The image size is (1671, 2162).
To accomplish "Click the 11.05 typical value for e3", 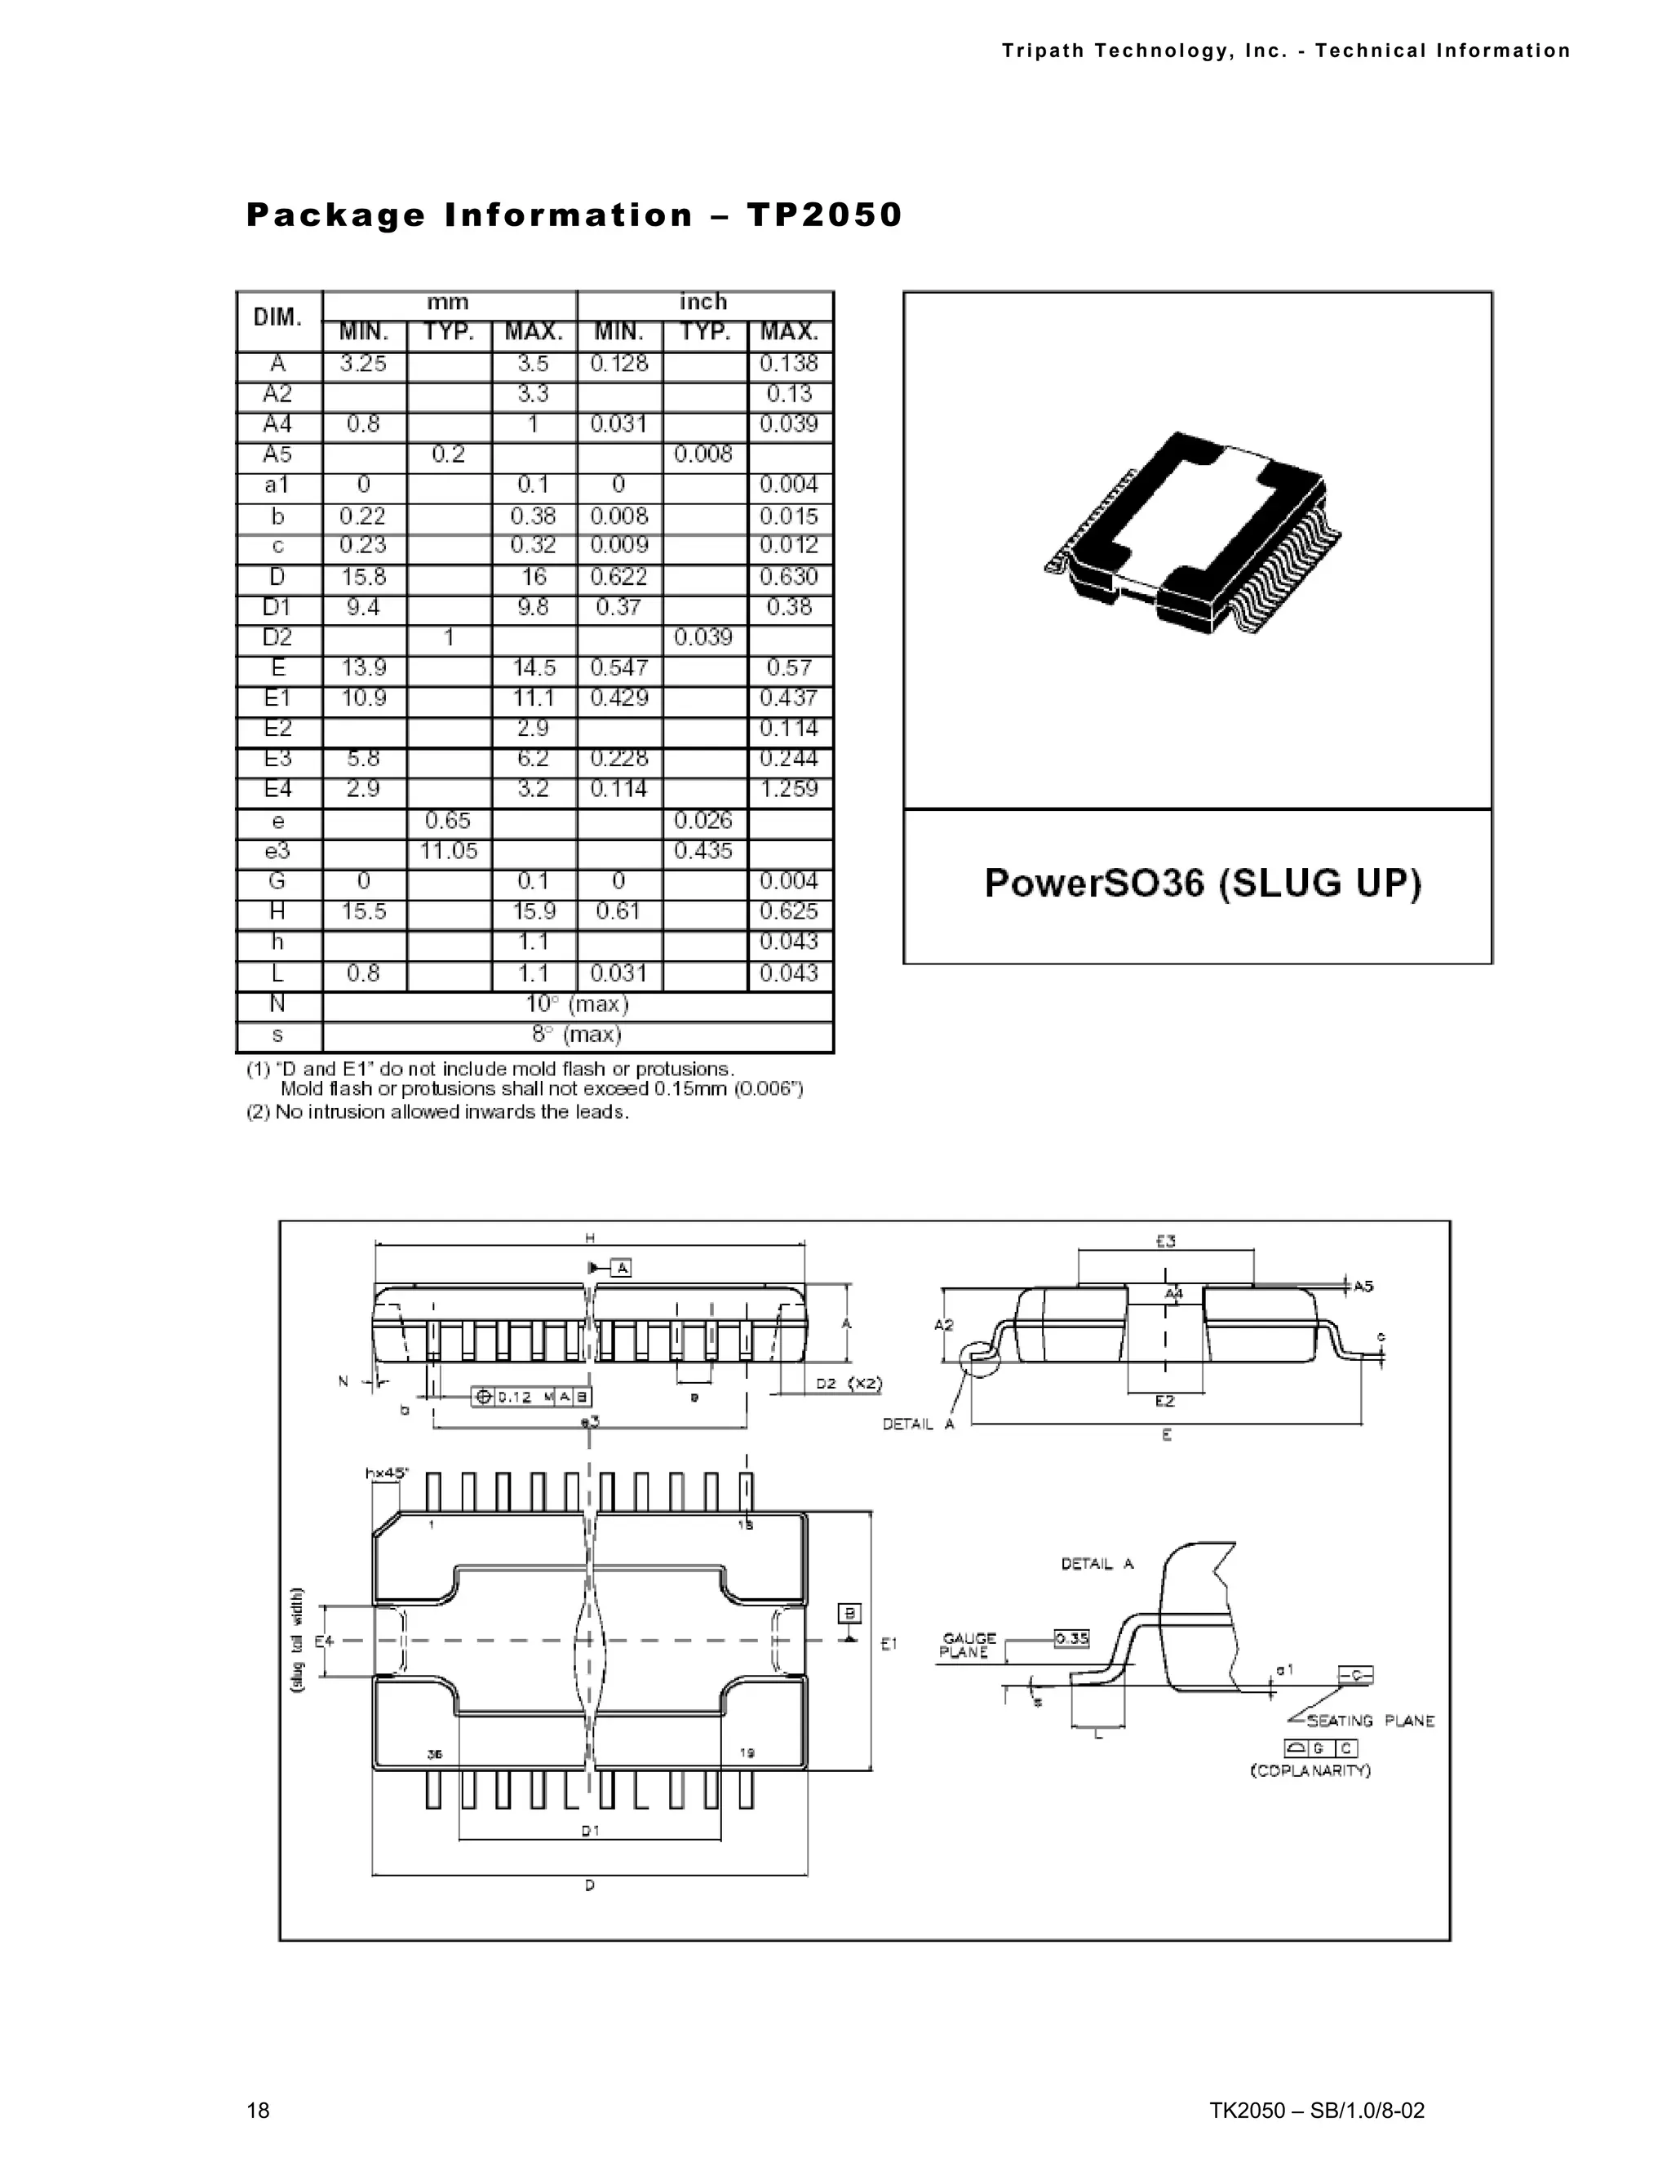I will coord(449,851).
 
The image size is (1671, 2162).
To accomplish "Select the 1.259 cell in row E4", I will coord(789,789).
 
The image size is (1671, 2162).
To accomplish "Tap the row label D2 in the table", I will coord(277,637).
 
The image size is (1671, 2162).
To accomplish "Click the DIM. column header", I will coord(277,317).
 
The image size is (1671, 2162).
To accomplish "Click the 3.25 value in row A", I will coord(363,363).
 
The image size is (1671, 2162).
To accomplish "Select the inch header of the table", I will coord(703,302).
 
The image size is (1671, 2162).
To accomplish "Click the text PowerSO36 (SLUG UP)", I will coord(1202,883).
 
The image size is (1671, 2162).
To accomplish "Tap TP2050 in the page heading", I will coord(823,215).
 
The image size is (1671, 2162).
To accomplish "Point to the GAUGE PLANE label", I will coord(968,1646).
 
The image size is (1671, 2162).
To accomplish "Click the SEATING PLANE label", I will coord(1370,1721).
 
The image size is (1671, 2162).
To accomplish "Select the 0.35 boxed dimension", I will coord(1071,1638).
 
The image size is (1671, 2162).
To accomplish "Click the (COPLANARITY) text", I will coord(1310,1770).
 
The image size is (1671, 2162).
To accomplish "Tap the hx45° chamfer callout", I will coord(386,1472).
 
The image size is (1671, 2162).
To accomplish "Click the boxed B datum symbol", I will coord(849,1614).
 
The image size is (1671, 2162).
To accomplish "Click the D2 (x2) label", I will coord(849,1383).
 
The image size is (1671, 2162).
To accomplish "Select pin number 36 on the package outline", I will coord(433,1752).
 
